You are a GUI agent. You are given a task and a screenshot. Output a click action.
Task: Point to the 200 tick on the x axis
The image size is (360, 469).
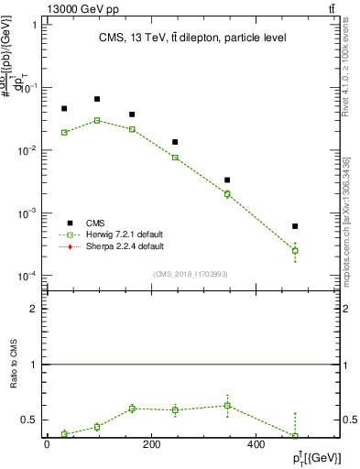point(153,444)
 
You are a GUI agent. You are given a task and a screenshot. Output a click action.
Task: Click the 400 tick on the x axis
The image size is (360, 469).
point(260,444)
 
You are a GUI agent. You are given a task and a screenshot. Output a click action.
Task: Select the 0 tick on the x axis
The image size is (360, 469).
point(47,444)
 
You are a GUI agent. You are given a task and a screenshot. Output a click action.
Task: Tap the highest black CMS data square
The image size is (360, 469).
point(96,99)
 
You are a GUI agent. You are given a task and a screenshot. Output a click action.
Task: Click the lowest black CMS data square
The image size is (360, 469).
point(295,225)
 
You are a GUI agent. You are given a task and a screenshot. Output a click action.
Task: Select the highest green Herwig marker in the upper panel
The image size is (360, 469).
point(96,120)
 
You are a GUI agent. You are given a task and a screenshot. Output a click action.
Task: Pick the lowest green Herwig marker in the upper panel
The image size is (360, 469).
point(295,250)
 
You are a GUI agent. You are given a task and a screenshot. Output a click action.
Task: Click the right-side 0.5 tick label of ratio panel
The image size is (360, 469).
point(351,420)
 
